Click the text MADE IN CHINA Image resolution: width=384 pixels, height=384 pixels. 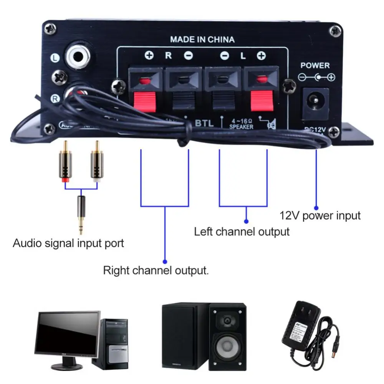click(202, 39)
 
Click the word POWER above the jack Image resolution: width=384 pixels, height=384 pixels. click(315, 65)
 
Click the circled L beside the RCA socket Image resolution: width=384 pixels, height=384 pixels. click(55, 58)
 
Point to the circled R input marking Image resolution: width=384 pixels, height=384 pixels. click(55, 99)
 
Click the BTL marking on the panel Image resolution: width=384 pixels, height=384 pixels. click(204, 123)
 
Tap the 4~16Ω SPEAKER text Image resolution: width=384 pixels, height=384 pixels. click(241, 124)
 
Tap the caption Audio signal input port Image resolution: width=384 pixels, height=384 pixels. click(68, 243)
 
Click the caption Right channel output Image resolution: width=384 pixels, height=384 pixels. click(156, 270)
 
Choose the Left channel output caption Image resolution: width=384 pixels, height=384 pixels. click(242, 232)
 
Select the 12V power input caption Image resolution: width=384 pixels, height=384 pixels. click(320, 215)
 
